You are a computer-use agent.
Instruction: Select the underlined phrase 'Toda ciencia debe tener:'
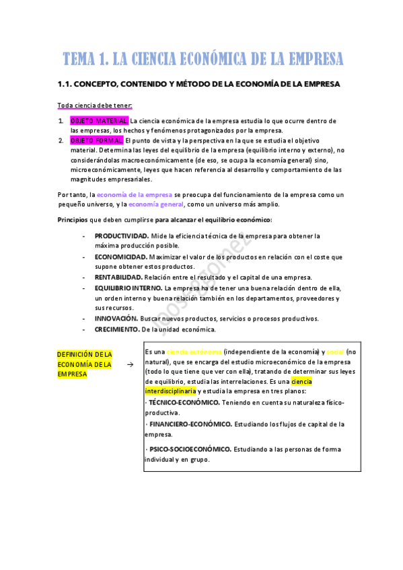[x=95, y=106]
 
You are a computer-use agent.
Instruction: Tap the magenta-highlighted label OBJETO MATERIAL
[x=98, y=120]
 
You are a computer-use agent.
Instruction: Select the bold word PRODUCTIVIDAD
[x=121, y=236]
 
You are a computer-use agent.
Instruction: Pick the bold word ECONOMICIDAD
[x=120, y=257]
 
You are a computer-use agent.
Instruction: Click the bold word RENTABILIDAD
[x=118, y=277]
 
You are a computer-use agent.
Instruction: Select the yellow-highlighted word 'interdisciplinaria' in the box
[x=170, y=391]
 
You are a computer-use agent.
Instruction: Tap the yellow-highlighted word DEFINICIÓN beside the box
[x=74, y=354]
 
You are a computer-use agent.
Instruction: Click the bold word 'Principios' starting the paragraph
[x=73, y=220]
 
